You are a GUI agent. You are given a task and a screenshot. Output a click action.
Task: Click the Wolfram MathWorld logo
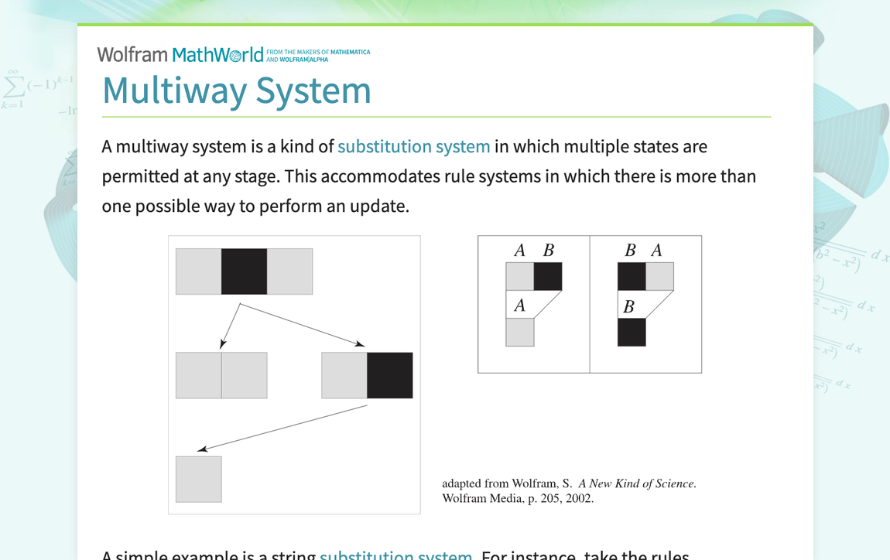tap(180, 55)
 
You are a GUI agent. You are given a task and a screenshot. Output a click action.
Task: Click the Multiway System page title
tap(237, 90)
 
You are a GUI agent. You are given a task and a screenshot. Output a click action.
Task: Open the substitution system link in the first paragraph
tap(413, 146)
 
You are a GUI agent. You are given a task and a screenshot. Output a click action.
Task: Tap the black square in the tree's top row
tap(244, 271)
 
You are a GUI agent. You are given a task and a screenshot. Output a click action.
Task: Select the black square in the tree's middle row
tap(389, 375)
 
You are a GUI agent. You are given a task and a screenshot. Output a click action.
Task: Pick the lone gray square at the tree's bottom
tap(199, 479)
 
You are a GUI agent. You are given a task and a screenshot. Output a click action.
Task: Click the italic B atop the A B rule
tap(548, 250)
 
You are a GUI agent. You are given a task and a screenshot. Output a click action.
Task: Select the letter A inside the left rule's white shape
tap(519, 306)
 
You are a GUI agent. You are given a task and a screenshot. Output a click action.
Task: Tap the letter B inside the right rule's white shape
tap(628, 307)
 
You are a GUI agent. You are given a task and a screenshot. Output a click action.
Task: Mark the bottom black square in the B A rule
tap(632, 332)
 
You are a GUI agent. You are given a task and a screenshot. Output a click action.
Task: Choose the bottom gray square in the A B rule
tap(520, 332)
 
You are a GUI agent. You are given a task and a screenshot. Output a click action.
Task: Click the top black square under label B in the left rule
tap(548, 276)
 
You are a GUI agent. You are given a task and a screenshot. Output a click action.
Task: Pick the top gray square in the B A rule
tap(659, 276)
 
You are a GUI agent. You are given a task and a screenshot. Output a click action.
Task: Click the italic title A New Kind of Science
tap(636, 483)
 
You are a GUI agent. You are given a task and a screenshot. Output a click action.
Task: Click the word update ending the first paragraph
tap(379, 206)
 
